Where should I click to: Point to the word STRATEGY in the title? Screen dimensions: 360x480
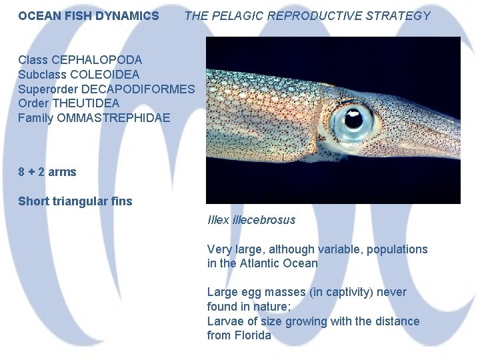pos(399,15)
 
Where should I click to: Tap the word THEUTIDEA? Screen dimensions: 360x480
pos(85,103)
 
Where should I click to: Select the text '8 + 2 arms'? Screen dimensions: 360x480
pos(47,172)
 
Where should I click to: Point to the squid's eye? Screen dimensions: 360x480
pos(352,120)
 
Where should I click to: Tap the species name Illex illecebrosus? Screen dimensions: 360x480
pos(251,220)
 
